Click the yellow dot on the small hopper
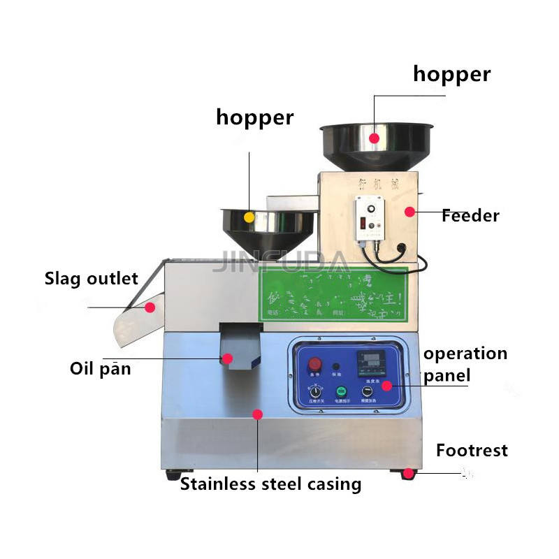[249, 217]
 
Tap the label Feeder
[470, 216]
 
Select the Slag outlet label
[92, 279]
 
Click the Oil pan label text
[100, 368]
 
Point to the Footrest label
[472, 450]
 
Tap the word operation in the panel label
[465, 354]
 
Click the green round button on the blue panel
[342, 391]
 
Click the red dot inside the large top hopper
[375, 138]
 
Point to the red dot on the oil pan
[227, 358]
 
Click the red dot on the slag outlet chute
[150, 307]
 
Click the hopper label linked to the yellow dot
[254, 117]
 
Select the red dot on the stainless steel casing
[257, 414]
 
